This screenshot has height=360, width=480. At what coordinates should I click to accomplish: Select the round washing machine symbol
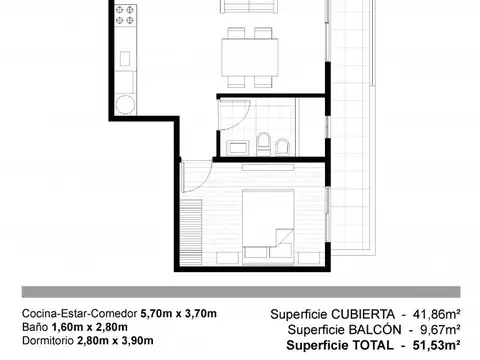tap(127, 103)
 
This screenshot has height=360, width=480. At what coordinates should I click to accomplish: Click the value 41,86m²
tap(435, 314)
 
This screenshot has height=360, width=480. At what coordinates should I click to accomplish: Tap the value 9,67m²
tap(439, 330)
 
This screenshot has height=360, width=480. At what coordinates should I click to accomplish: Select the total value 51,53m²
tap(435, 346)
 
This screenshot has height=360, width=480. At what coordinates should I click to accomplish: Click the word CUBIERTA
tap(369, 314)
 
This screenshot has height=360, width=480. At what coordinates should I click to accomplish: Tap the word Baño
tap(31, 328)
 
